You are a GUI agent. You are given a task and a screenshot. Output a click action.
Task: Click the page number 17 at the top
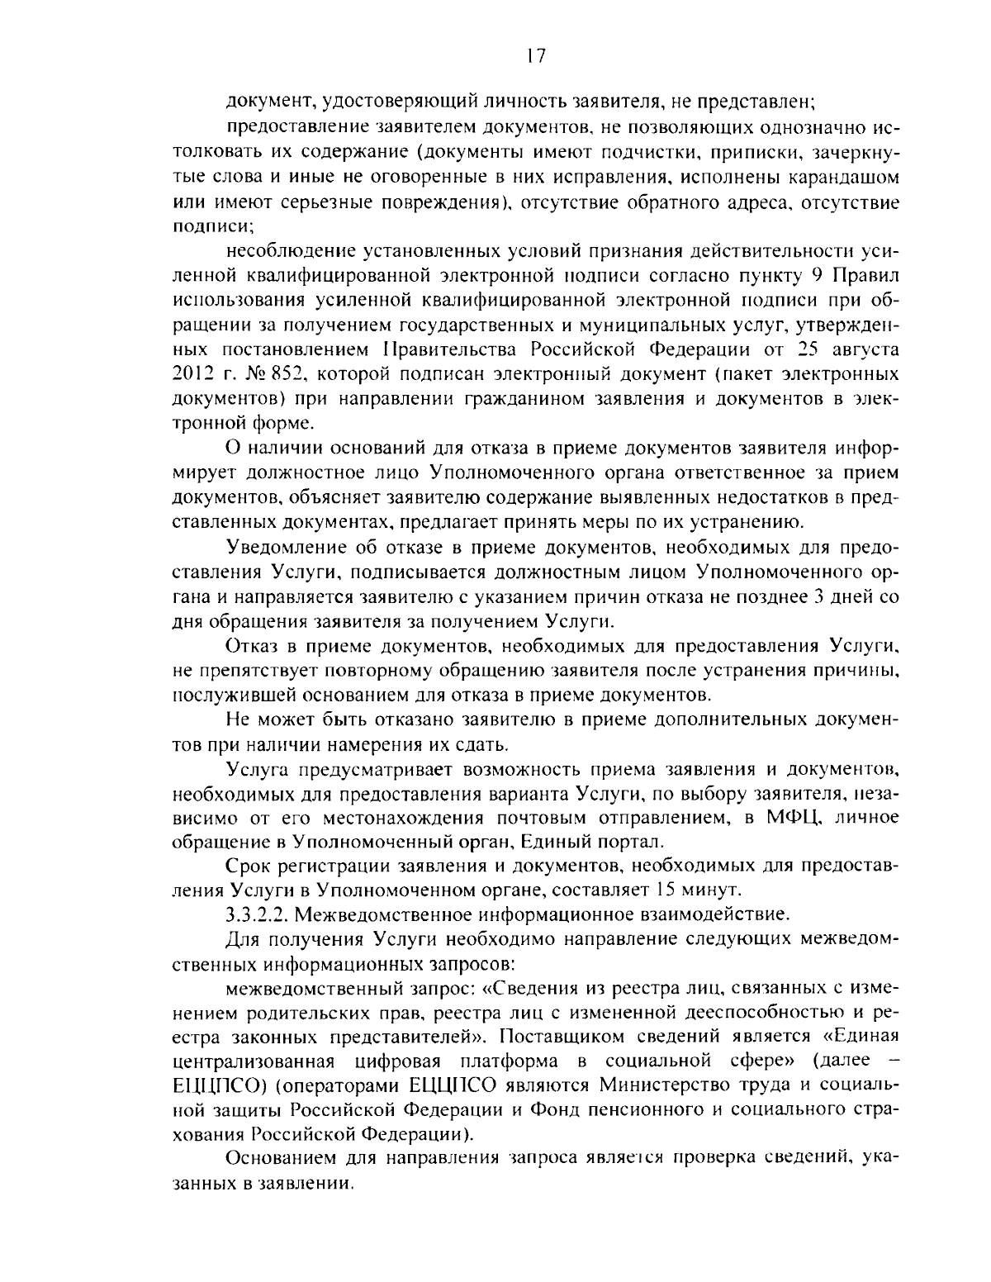(x=535, y=56)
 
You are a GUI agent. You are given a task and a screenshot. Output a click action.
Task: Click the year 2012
(x=192, y=373)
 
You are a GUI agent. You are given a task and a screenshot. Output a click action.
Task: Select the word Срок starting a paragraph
(x=247, y=867)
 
